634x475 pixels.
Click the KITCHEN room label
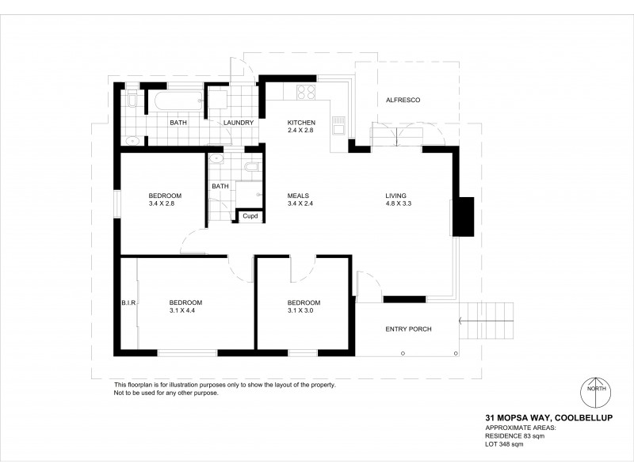[301, 122]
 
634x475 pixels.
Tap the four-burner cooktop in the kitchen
[306, 92]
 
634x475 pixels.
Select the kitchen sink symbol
[338, 125]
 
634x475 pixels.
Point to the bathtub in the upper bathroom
[178, 101]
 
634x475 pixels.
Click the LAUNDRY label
[239, 123]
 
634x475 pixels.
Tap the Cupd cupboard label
[250, 216]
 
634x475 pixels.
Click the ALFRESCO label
[402, 101]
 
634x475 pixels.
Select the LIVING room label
[395, 196]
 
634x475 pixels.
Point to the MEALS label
[298, 196]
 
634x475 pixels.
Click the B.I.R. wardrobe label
[129, 302]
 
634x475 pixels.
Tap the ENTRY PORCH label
[408, 329]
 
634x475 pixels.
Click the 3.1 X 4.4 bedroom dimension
[185, 311]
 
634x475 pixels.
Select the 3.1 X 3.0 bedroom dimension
[304, 311]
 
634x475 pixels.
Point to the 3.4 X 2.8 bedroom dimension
[165, 204]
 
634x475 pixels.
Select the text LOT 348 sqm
[504, 443]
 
